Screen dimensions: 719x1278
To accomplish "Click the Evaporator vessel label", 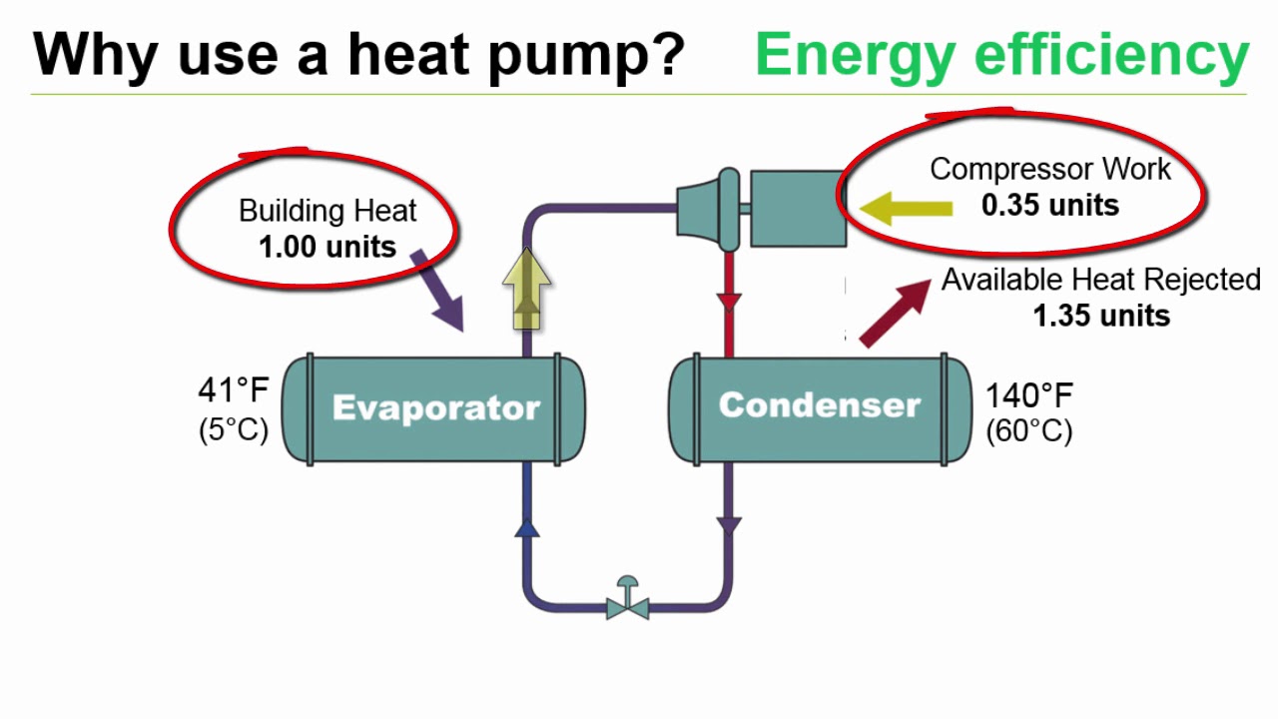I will (x=435, y=407).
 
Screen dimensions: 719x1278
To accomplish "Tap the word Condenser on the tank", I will (x=819, y=404).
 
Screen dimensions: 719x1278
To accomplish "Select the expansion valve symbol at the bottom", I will (x=628, y=600).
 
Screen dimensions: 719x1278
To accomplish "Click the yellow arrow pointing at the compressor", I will (x=905, y=209).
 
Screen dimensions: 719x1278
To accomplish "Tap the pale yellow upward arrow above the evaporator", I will (x=526, y=290).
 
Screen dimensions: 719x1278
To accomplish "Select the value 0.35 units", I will (x=1050, y=205).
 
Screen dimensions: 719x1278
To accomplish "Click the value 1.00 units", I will (x=327, y=247).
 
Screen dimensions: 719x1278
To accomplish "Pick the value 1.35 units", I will (x=1101, y=316).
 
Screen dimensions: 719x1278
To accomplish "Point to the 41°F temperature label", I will (x=234, y=389).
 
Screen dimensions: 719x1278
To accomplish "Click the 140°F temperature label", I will (x=1029, y=395).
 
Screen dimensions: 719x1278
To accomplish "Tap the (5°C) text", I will (x=234, y=430).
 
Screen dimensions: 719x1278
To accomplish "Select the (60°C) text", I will (x=1029, y=431).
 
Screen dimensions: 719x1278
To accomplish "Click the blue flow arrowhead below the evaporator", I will (x=527, y=526).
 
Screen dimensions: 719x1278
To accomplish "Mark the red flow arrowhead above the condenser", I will (x=730, y=301).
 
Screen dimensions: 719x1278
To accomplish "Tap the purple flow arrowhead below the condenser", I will (x=730, y=525).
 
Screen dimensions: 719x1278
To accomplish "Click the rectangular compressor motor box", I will (x=796, y=208).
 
